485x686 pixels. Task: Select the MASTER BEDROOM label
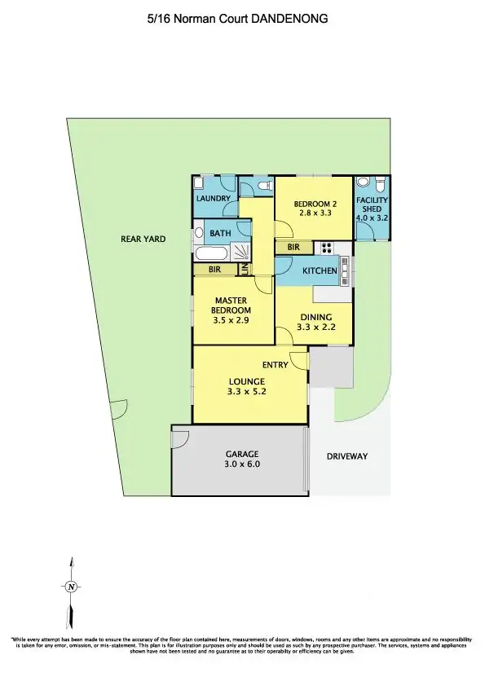231,305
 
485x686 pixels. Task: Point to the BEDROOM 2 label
315,204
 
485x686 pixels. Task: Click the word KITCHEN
320,270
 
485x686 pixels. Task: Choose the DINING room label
316,318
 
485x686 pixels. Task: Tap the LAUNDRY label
214,198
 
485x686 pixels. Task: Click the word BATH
220,234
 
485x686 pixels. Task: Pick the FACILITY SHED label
372,204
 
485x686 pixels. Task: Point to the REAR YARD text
143,240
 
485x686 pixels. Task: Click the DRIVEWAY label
347,457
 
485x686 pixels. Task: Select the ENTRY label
276,365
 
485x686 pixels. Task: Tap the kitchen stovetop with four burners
326,248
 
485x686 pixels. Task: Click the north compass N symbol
71,587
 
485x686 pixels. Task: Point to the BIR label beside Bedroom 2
293,247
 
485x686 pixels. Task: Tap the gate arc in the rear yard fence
119,407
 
